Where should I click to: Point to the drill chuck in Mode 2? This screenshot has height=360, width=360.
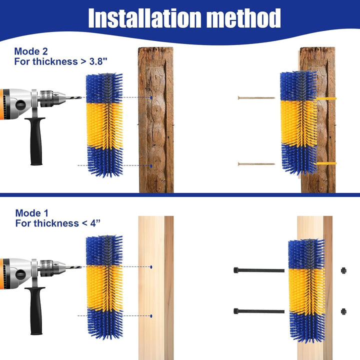(51, 98)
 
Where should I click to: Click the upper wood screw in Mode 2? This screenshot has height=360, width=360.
(256, 98)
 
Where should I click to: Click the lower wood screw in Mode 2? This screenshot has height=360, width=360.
(256, 164)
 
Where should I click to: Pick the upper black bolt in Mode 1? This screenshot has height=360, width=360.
(258, 270)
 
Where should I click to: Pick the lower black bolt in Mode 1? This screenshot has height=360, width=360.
(258, 311)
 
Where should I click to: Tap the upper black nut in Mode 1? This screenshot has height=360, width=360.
(343, 270)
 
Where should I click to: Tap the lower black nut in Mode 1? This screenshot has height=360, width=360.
(343, 311)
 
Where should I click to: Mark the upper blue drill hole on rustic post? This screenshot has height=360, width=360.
(151, 97)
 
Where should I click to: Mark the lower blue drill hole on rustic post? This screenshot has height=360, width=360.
(151, 165)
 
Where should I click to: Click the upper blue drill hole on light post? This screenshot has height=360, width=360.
(151, 267)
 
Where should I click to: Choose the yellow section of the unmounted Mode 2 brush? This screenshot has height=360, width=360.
(104, 125)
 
